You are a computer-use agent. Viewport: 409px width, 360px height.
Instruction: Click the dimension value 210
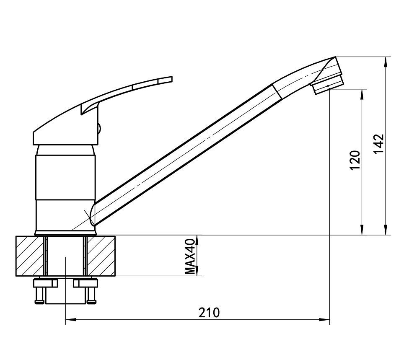point(209,313)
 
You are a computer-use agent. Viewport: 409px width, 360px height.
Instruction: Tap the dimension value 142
point(379,144)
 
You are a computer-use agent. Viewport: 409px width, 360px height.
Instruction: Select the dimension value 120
point(355,160)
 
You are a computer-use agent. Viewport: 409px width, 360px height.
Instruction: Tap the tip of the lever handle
point(172,79)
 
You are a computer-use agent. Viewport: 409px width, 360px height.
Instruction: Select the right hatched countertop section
point(101,256)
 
